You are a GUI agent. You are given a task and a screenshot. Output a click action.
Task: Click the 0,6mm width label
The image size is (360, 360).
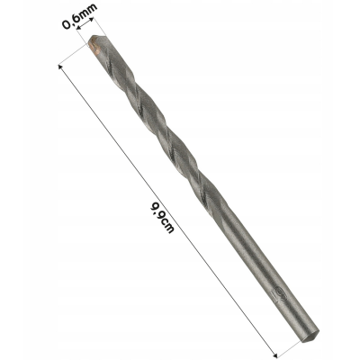click(80, 16)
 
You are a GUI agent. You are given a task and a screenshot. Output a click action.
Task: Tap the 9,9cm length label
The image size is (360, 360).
click(162, 218)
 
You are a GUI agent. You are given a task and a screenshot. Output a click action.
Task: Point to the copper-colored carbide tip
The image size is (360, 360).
click(94, 47)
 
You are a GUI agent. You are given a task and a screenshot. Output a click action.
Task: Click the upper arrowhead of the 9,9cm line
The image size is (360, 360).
click(60, 67)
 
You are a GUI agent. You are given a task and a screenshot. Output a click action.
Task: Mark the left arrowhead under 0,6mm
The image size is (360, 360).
click(79, 28)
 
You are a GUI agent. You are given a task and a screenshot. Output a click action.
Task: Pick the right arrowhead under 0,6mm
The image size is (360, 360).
click(92, 20)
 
